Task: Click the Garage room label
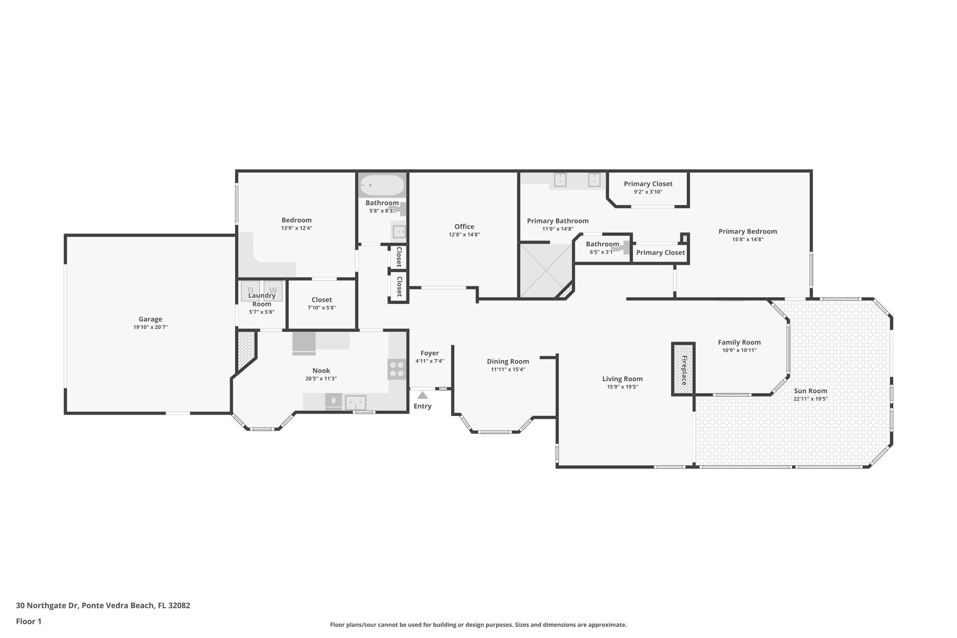150,319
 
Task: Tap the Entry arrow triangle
422,395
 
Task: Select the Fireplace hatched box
684,369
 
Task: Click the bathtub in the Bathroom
382,186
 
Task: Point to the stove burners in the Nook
397,369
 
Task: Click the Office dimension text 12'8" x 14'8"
464,235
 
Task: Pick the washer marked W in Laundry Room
273,291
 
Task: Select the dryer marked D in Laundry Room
250,291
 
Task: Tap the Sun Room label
810,391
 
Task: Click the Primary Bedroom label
747,231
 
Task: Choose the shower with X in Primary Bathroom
546,270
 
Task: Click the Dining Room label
507,361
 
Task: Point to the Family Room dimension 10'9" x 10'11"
739,350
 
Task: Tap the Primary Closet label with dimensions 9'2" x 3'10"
648,184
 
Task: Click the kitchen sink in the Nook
356,402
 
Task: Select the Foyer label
429,353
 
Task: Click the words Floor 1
29,621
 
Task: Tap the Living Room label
622,379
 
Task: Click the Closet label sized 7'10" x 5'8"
321,300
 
